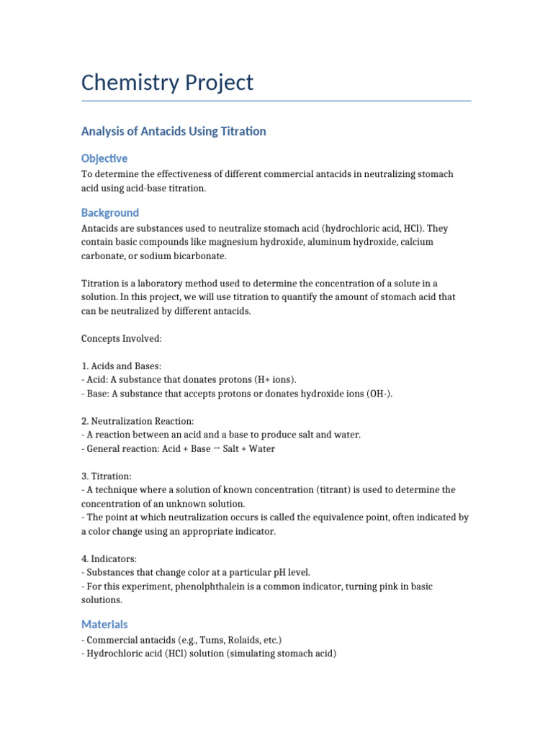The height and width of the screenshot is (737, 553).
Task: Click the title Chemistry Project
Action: [167, 83]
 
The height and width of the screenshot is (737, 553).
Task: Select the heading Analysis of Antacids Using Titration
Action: [174, 131]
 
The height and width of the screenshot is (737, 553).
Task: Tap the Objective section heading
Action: [104, 158]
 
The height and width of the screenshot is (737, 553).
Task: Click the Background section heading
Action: [110, 212]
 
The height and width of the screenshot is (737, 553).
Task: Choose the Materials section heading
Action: [104, 624]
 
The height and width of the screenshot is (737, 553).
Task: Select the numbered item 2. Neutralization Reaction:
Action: [138, 421]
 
